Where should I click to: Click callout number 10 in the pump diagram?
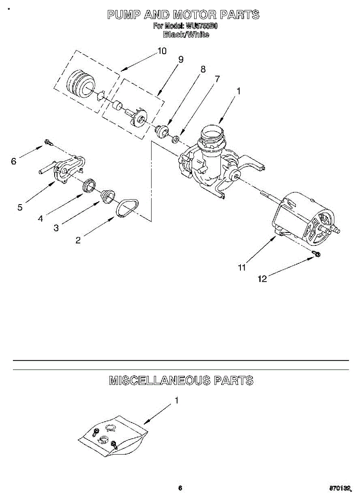tap(162, 51)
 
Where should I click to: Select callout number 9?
tap(180, 60)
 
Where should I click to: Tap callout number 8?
tap(203, 69)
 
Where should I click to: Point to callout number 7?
tap(217, 78)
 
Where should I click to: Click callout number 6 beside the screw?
tap(13, 161)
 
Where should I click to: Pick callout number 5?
tap(20, 207)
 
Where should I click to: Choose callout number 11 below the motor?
tap(242, 268)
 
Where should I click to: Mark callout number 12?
tap(262, 279)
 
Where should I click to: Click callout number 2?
tap(78, 240)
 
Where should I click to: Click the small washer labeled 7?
tap(176, 138)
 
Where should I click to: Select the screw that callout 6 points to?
tap(48, 143)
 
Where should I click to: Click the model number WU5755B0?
tap(202, 26)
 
